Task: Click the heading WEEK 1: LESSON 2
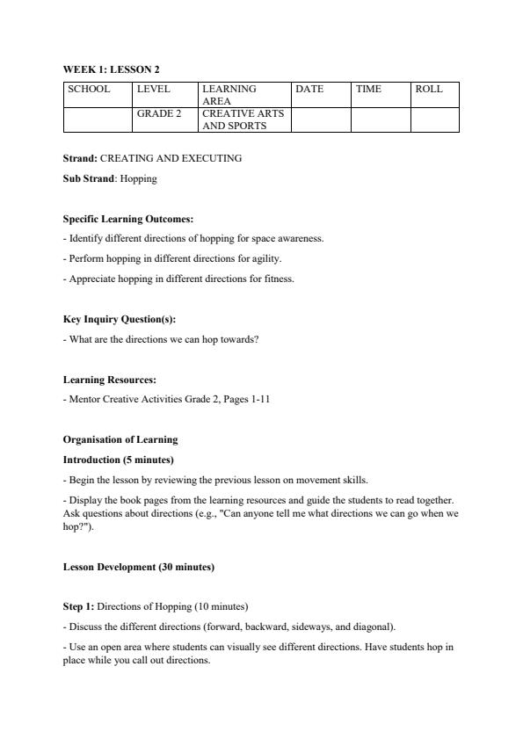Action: pyautogui.click(x=111, y=69)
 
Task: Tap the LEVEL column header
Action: pyautogui.click(x=153, y=89)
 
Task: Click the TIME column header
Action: pyautogui.click(x=369, y=89)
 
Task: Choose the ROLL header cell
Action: pyautogui.click(x=429, y=89)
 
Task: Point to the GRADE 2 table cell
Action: pyautogui.click(x=159, y=113)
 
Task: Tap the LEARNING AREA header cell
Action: pyautogui.click(x=229, y=95)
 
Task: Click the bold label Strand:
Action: pyautogui.click(x=80, y=158)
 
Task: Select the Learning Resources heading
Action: pyautogui.click(x=110, y=380)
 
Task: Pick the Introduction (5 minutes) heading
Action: pyautogui.click(x=118, y=460)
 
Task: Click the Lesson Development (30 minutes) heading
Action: pyautogui.click(x=138, y=567)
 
